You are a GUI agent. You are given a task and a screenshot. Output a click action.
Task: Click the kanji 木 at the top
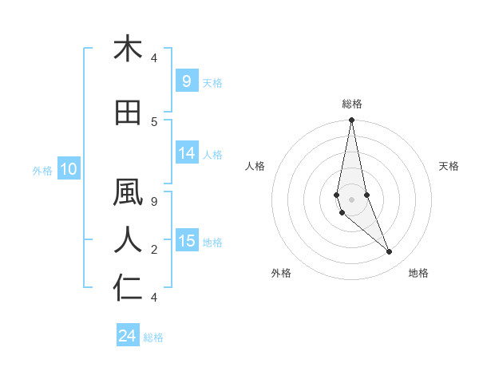[128, 49]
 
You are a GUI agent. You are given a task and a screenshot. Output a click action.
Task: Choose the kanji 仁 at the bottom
[128, 287]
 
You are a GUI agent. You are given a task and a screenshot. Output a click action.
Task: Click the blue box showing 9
[186, 81]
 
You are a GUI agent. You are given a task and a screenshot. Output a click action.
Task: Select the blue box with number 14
[187, 154]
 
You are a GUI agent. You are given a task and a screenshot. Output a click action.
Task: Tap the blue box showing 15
[187, 241]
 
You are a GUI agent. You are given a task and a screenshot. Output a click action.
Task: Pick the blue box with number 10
[68, 169]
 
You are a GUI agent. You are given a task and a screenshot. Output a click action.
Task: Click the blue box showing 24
[128, 336]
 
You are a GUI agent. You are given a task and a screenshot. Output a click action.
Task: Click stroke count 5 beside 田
[153, 121]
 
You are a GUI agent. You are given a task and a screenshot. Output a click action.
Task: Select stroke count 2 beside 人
[153, 250]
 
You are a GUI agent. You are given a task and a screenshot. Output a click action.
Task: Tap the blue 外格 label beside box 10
[42, 170]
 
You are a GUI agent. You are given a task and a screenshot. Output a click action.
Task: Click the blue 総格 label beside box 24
[153, 337]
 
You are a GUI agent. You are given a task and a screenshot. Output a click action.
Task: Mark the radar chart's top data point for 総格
[351, 120]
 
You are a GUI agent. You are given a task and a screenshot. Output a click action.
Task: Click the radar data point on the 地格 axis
[390, 252]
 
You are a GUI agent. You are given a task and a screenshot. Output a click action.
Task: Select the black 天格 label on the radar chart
[449, 166]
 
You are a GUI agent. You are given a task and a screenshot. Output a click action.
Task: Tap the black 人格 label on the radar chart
[255, 166]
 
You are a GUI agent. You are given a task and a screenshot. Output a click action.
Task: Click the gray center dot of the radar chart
[351, 199]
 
